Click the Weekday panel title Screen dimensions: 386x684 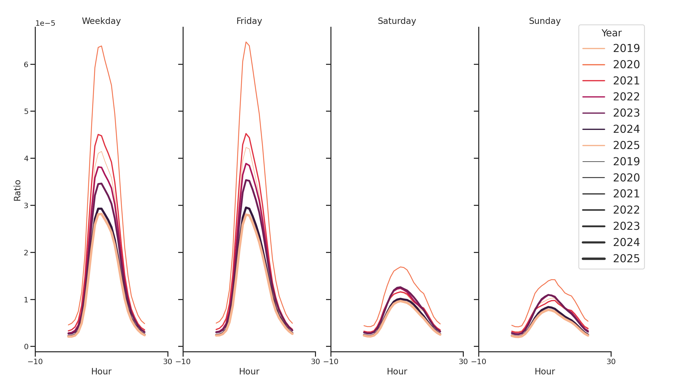point(101,21)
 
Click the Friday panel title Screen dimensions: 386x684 point(249,21)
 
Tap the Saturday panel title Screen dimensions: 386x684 point(397,21)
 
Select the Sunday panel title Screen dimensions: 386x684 point(545,21)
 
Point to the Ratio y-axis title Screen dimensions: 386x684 point(17,190)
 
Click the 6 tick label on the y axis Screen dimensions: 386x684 point(26,65)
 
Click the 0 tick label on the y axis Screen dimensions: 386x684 point(26,346)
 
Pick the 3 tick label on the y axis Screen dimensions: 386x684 point(26,206)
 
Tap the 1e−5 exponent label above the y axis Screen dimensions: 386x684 point(45,23)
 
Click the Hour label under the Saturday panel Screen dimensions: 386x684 point(397,371)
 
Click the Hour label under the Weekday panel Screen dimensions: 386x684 point(101,371)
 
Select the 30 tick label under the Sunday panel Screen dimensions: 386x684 point(611,362)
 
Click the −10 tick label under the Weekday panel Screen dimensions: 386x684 point(35,362)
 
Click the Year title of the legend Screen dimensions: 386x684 point(611,33)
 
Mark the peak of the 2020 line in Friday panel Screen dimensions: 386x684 point(246,42)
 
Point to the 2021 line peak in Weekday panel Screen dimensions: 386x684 point(98,135)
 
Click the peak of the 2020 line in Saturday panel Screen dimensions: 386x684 point(400,267)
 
